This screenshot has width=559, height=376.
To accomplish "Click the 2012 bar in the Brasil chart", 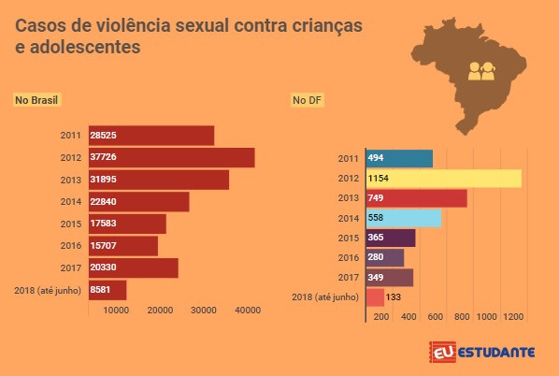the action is (172, 157).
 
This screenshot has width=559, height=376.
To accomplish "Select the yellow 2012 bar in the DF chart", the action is (444, 179).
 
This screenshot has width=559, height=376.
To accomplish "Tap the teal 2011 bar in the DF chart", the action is (399, 159).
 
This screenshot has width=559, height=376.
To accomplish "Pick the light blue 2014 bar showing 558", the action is (404, 218).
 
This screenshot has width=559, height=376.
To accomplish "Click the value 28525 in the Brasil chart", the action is (103, 136).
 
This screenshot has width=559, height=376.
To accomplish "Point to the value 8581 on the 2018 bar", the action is (100, 289).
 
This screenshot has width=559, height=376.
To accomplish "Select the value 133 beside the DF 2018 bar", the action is (394, 297).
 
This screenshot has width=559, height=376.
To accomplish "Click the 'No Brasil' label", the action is (36, 100).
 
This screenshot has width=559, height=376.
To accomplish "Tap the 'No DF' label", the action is (307, 100).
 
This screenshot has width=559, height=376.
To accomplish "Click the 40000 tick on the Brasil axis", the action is (248, 311).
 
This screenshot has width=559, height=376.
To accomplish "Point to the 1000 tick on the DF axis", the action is (486, 317).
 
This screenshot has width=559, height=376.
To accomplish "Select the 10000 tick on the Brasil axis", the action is (116, 311).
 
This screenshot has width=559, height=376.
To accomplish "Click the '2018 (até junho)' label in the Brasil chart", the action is (48, 290).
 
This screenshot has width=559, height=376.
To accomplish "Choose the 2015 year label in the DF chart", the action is (349, 238).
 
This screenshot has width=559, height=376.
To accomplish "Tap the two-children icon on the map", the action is (481, 71).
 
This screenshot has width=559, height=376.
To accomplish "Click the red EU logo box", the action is (443, 352).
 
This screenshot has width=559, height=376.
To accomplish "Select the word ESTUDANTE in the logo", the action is (495, 353).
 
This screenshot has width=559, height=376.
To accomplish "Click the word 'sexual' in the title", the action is (202, 25).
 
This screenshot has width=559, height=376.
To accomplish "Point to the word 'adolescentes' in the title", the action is (85, 47).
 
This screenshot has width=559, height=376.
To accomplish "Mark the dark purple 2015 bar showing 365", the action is (391, 238).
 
